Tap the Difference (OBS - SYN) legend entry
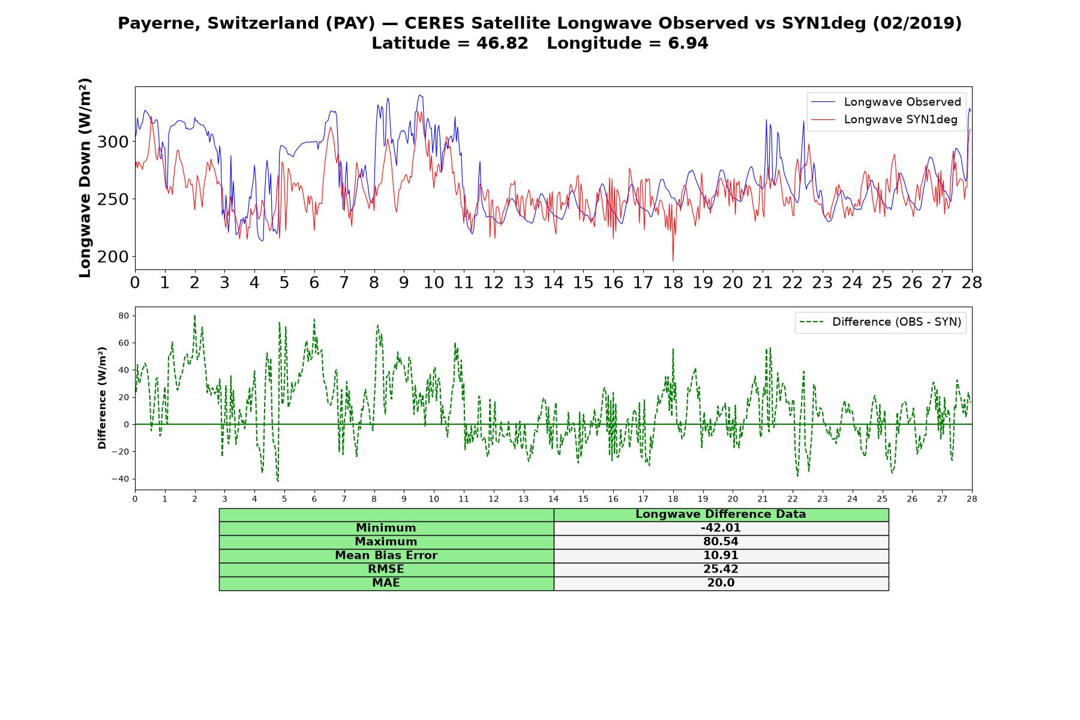click(x=881, y=322)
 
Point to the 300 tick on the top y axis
click(x=113, y=142)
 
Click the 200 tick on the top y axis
click(x=113, y=257)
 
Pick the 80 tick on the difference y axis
click(x=124, y=316)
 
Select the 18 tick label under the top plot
click(x=673, y=283)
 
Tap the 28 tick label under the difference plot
click(x=972, y=499)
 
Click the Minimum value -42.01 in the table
click(x=721, y=528)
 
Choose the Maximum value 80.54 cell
click(x=721, y=542)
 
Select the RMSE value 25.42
click(x=721, y=569)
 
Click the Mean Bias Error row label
click(x=386, y=556)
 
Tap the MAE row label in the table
click(x=386, y=583)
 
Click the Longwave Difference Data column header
click(x=721, y=514)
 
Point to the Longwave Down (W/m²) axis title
click(x=85, y=178)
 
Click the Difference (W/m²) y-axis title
click(x=102, y=398)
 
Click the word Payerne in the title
click(x=159, y=23)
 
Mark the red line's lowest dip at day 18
click(x=673, y=261)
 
